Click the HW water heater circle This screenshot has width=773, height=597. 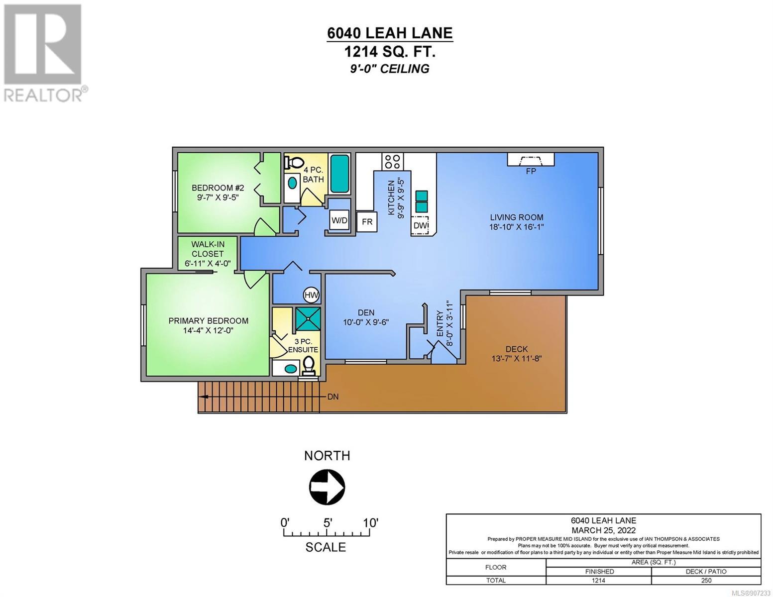[311, 295]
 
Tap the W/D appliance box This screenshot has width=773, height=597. [339, 220]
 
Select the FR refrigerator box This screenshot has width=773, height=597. [367, 222]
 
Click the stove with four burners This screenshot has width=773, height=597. [393, 161]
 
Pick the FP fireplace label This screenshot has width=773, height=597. [531, 171]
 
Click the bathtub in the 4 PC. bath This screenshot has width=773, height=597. [340, 174]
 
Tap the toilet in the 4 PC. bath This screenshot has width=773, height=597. [293, 163]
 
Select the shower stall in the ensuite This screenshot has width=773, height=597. [308, 318]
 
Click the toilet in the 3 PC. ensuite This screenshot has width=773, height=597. [308, 365]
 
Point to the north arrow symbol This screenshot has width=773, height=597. [327, 486]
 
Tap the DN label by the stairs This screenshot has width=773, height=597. [333, 397]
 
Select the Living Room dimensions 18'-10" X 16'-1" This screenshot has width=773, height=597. [517, 227]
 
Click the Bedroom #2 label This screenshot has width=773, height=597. [218, 188]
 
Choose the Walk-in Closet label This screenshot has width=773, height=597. [208, 249]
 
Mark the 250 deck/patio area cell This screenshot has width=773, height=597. [706, 580]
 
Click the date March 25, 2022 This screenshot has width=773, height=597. [604, 530]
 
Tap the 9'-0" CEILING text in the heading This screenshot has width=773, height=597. [390, 68]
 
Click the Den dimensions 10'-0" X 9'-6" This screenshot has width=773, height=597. [366, 322]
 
